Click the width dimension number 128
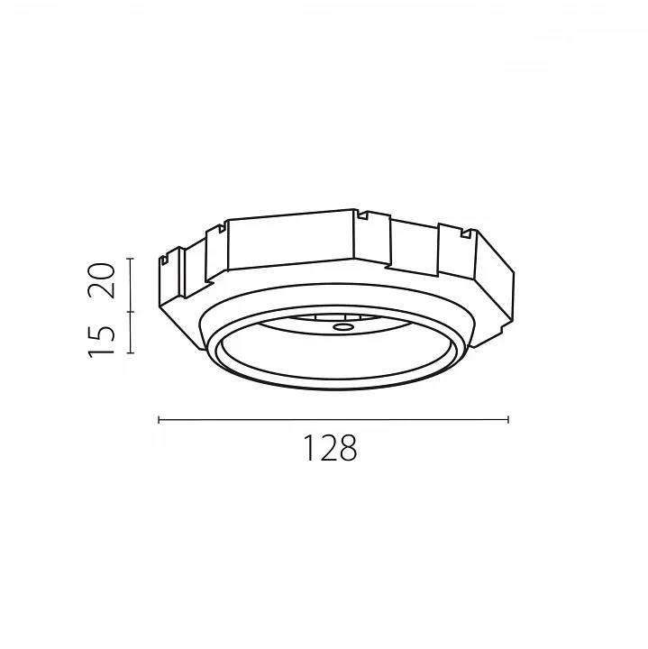[330, 448]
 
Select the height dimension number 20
[101, 280]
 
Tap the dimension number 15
[101, 340]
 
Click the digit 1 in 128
[309, 448]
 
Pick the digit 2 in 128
[327, 448]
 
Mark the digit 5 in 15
[101, 334]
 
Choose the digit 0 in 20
[101, 271]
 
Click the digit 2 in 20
[101, 289]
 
